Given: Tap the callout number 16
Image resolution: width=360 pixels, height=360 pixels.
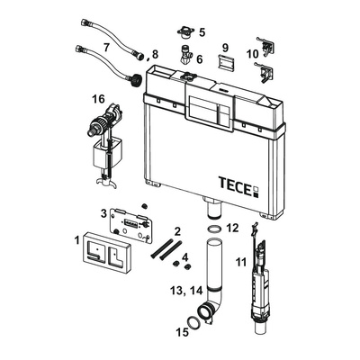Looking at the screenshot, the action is [x=99, y=98].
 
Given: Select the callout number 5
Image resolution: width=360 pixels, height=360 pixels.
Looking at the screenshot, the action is [x=202, y=32].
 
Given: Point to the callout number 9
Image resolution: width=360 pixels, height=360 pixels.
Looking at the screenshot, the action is [x=225, y=48].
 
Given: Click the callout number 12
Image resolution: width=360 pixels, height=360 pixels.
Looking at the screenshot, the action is [x=232, y=228].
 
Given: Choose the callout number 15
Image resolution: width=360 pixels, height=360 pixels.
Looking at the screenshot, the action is [x=182, y=332].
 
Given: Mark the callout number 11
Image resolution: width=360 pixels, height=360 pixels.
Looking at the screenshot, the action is [x=240, y=263].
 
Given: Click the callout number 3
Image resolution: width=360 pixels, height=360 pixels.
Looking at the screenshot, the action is [x=103, y=213].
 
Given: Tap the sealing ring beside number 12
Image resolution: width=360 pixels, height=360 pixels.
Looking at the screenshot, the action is [x=214, y=229].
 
